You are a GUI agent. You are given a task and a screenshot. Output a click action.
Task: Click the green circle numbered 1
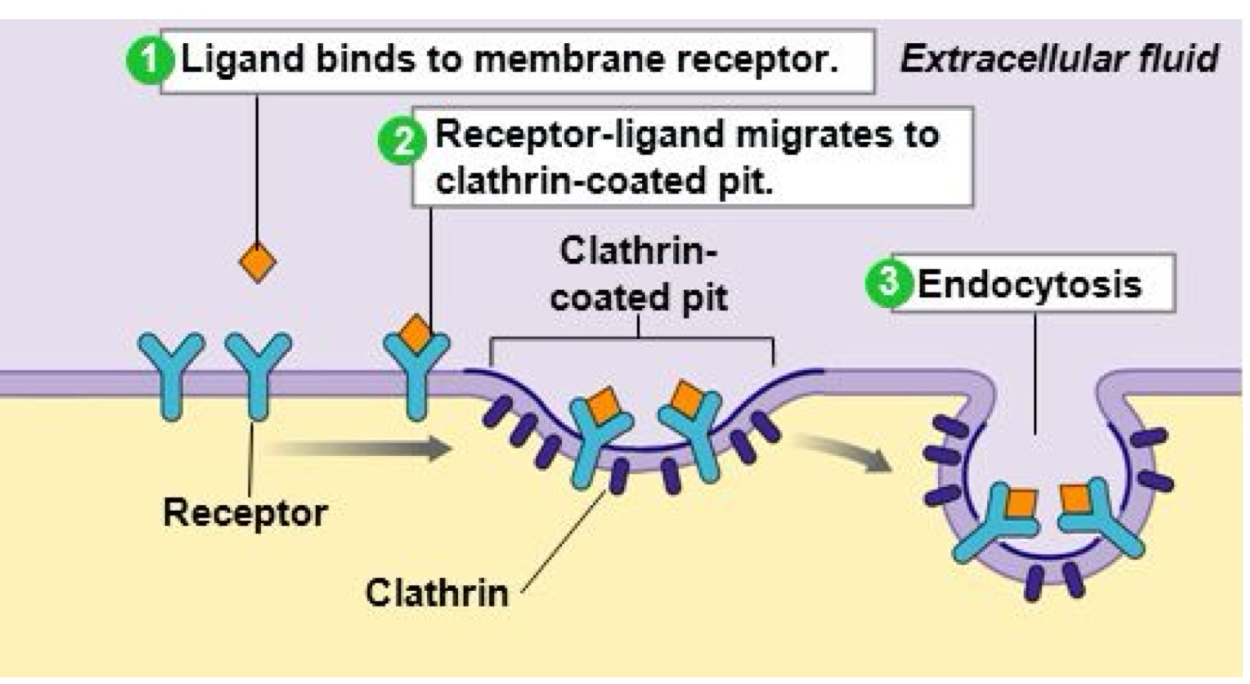pos(149,62)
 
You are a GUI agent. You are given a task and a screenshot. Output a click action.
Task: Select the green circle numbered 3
pos(889,282)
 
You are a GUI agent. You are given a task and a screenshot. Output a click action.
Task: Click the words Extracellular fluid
pos(1059,59)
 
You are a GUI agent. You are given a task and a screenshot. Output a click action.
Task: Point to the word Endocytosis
pos(1029,284)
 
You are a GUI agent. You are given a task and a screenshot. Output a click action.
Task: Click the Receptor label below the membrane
pos(245,513)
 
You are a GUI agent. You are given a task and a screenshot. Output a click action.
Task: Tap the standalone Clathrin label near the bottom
pos(437,593)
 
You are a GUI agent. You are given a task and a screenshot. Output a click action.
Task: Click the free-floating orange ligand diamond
pos(257,262)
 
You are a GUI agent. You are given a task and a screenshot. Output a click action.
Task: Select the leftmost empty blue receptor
pos(170,373)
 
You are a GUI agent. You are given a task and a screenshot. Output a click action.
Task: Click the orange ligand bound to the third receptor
pos(416,333)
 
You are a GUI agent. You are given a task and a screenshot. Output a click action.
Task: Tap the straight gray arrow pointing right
pos(359,449)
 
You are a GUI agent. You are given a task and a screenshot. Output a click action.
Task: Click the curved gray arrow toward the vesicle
pos(845,452)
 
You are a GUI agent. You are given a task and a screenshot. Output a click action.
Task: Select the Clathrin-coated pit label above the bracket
pos(638,275)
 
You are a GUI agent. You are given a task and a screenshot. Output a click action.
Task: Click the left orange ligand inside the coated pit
pos(603,406)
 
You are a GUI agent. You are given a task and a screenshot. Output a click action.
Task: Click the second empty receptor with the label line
pos(257,373)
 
